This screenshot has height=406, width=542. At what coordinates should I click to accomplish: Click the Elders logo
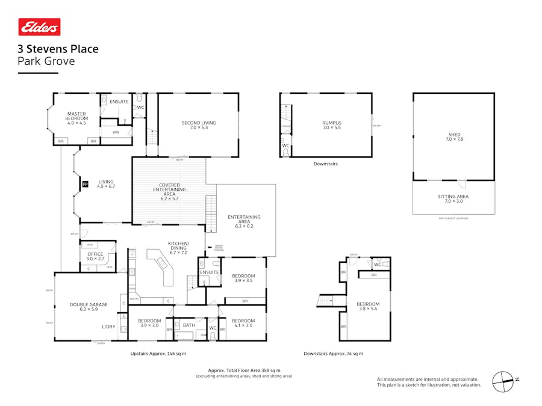point(39,27)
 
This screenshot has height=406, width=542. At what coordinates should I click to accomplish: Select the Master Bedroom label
point(76,116)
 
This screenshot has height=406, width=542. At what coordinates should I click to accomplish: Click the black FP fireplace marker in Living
point(85,184)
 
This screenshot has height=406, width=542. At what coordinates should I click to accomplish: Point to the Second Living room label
point(199,125)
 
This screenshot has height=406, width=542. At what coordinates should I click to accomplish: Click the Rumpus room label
point(331,125)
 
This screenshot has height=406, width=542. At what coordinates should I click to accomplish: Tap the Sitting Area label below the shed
point(453,198)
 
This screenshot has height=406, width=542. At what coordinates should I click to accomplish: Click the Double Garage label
point(89,307)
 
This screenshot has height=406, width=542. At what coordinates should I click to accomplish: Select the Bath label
point(189,325)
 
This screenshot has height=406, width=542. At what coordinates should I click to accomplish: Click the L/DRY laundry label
point(108,327)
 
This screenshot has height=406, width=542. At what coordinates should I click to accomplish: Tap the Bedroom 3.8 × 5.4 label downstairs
point(368,306)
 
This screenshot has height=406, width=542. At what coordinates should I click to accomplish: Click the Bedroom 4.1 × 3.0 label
point(243,323)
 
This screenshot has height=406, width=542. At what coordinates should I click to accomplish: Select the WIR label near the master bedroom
point(116,132)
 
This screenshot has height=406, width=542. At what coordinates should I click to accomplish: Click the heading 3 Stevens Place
point(58,49)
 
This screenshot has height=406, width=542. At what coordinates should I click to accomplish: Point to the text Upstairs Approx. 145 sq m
point(158,354)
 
